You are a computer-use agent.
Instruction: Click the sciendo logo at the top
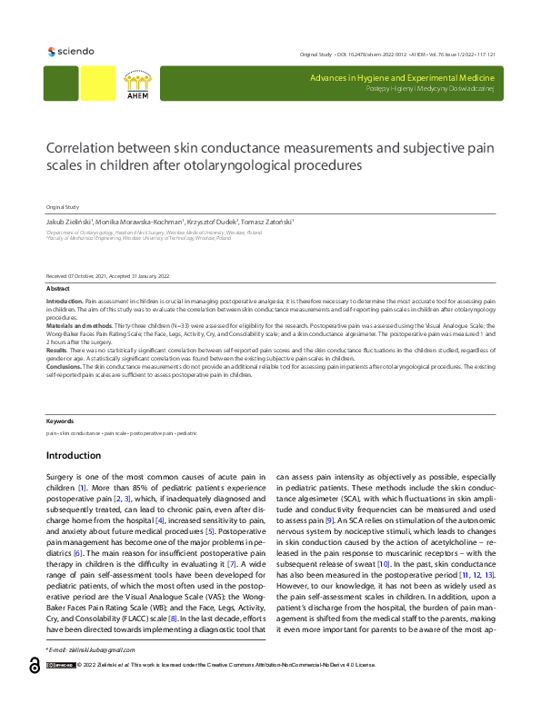(69, 51)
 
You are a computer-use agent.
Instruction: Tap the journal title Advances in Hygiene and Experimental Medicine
(402, 79)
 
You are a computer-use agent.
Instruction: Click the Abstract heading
(57, 288)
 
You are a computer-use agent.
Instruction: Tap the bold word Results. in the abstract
(56, 349)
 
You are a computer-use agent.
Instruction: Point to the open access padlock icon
(34, 691)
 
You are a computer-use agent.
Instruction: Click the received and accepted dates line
(107, 276)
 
